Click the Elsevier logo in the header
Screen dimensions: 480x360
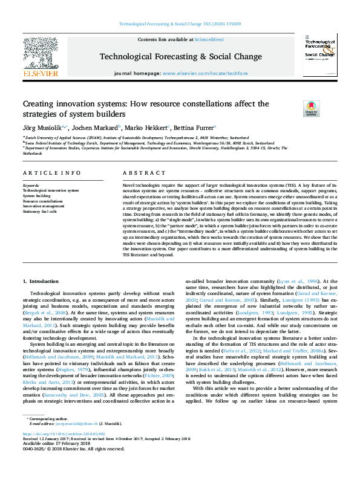[x=41, y=56]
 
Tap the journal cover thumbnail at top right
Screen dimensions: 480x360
[x=320, y=56]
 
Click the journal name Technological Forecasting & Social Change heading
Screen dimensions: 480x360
[x=180, y=56]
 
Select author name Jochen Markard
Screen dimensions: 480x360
[x=96, y=128]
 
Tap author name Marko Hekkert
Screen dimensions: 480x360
[x=147, y=128]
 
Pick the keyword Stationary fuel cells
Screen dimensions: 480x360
[x=40, y=212]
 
